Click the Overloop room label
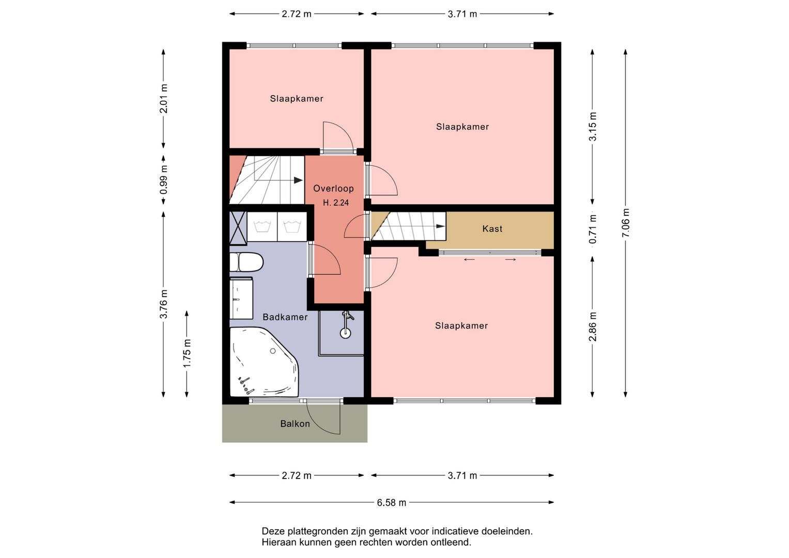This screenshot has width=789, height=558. tap(334, 189)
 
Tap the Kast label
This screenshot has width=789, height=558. tap(492, 229)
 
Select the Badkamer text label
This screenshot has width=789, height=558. tap(285, 317)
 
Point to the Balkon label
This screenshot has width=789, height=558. tap(295, 424)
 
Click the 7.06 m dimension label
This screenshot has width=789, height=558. tap(626, 223)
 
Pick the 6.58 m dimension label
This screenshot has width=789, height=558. tap(392, 503)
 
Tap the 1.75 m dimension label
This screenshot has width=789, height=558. tap(187, 353)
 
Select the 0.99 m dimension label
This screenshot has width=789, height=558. tap(163, 180)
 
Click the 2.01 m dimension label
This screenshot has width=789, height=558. tap(163, 99)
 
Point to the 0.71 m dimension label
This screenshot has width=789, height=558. tap(593, 229)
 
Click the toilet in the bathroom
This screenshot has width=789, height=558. tap(246, 262)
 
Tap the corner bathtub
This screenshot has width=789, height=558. tap(264, 362)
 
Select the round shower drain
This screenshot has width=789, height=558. tap(346, 333)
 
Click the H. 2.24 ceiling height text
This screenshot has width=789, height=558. tap(336, 203)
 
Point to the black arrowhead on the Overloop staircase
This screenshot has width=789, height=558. tap(298, 180)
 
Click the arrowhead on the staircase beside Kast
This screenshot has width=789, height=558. tap(440, 226)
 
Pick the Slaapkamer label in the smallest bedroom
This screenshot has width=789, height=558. tap(297, 99)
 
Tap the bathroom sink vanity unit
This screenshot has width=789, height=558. tap(241, 299)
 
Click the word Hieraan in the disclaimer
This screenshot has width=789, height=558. tap(279, 542)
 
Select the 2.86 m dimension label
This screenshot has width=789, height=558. tap(593, 327)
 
